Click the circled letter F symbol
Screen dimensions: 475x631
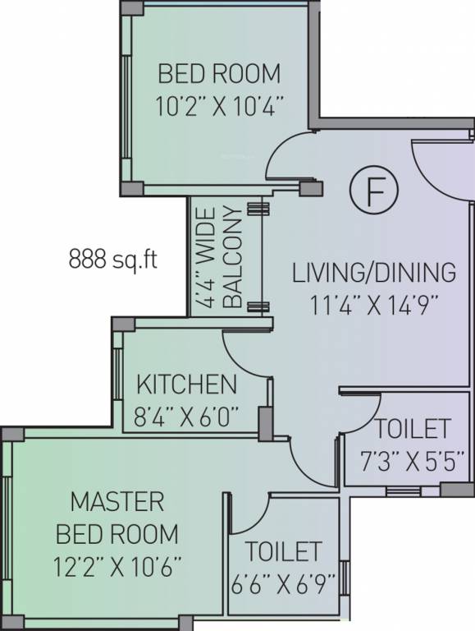374,191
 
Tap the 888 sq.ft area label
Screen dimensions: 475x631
113,259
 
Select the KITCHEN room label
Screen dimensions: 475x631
187,385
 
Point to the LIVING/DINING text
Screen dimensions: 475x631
374,273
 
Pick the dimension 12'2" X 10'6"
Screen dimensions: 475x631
118,567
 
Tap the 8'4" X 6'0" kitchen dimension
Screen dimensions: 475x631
186,417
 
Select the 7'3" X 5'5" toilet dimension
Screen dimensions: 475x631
413,461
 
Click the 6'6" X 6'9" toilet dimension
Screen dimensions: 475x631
283,584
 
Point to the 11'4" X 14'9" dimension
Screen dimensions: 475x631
374,306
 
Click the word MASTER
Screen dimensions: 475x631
117,501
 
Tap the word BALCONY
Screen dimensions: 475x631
233,257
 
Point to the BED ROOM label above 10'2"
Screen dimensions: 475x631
219,74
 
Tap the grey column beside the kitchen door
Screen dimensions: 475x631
265,423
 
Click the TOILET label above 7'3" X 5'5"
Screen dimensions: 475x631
413,429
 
